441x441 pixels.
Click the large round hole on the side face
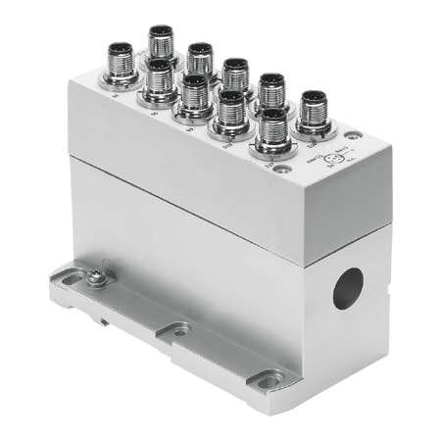[x=348, y=287]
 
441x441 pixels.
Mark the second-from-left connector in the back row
[x=200, y=55]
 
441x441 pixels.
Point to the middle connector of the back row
[x=235, y=72]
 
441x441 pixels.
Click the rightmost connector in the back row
[x=314, y=105]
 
